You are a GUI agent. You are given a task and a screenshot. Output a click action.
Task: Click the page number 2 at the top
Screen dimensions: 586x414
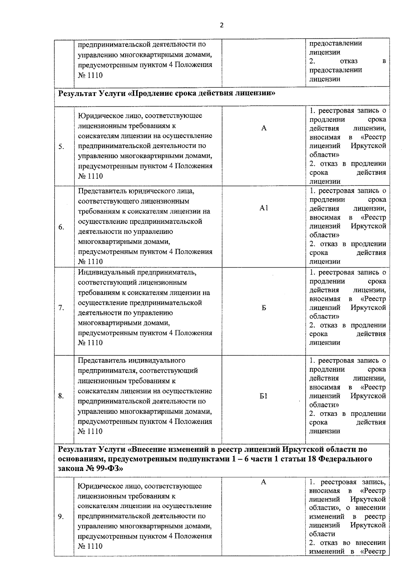tap(221, 25)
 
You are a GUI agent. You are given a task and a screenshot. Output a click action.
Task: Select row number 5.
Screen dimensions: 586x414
tap(61, 147)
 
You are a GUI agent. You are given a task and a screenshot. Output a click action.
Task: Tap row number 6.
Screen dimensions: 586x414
tap(61, 227)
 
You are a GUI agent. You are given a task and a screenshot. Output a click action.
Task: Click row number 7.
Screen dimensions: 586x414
tap(61, 308)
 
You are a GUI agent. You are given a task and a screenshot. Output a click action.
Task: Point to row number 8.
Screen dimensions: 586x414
tap(61, 396)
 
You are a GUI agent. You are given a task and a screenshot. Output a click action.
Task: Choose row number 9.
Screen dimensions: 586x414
tap(61, 517)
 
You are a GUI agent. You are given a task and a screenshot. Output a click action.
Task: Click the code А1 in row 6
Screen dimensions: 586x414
tap(264, 208)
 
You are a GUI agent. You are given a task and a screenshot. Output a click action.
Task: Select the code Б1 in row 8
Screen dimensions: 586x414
tap(264, 396)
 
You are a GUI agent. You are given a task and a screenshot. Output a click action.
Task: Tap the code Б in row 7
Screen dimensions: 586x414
tap(264, 308)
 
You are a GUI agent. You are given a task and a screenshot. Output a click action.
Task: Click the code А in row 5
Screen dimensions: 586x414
tap(264, 128)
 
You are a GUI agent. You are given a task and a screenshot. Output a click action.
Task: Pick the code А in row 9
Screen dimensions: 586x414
tap(264, 482)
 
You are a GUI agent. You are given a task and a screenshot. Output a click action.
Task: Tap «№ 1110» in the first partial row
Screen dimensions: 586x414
tap(90, 75)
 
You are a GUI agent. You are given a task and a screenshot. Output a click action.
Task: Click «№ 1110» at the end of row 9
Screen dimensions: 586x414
tap(90, 546)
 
